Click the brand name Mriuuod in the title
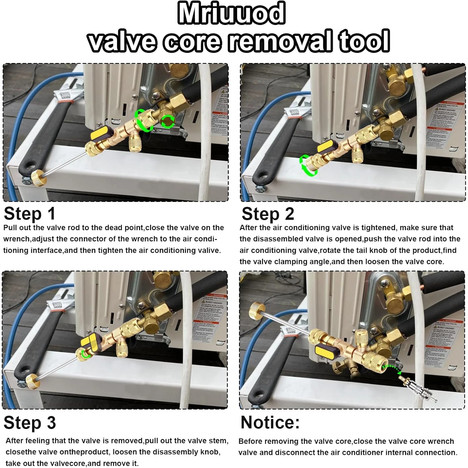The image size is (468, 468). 231,13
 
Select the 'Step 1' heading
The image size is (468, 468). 30,214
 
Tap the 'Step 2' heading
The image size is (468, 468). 268,214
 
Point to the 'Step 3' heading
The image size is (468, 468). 30,423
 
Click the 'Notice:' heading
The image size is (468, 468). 270,423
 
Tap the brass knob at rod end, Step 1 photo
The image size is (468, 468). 39,178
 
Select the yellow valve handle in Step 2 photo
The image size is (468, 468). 326,147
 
